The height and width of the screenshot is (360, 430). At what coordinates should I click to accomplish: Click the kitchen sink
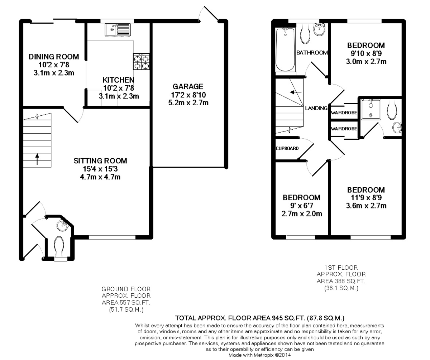point(118,30)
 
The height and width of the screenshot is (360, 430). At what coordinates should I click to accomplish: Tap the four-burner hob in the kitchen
point(141,62)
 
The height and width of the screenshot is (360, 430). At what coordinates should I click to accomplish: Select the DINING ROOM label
point(54,57)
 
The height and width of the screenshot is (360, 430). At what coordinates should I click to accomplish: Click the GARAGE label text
point(188,86)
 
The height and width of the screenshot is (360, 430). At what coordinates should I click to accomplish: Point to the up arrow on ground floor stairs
point(37,159)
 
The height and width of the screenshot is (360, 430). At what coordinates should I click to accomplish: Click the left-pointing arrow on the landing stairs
point(296,92)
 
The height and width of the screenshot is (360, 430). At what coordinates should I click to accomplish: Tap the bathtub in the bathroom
point(286,49)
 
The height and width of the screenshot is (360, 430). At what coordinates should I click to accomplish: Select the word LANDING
point(316,108)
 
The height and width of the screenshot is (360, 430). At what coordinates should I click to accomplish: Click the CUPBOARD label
point(287,148)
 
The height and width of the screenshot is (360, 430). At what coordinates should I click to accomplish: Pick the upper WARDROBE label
point(344,112)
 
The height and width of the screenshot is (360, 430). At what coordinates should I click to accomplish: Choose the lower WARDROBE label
point(344,129)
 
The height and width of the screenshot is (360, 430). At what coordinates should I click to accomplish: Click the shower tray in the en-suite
point(371,110)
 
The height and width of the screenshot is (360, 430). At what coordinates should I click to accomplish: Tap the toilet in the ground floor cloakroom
point(59,246)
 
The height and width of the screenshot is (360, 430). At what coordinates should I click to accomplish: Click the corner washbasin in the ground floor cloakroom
point(62,226)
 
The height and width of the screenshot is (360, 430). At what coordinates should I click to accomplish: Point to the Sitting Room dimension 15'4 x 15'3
point(100,169)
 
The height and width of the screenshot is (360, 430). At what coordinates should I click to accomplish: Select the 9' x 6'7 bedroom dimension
point(301,205)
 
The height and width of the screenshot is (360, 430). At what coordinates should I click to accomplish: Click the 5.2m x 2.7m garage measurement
point(188,102)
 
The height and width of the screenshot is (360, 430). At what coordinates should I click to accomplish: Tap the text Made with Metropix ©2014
point(259,355)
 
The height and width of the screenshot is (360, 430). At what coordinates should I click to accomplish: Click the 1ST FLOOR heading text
point(341,268)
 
